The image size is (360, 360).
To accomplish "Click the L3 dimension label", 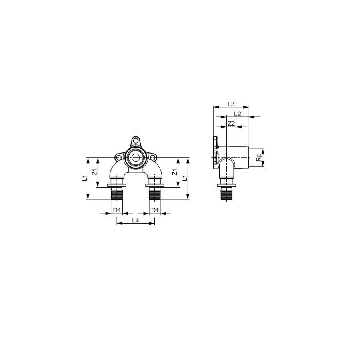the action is click(231, 104).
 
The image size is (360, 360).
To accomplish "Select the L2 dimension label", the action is click(238, 114).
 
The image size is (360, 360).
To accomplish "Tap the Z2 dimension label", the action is click(232, 123).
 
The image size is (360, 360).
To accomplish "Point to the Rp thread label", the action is click(259, 158).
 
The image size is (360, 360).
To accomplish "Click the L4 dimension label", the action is click(136, 220).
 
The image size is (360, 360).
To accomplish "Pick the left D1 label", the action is click(117, 210).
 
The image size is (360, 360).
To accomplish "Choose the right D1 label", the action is click(155, 210).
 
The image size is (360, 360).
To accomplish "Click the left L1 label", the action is click(85, 178).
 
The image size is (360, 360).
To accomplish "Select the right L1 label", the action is click(185, 178).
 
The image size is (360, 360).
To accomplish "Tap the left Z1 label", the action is click(94, 172).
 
